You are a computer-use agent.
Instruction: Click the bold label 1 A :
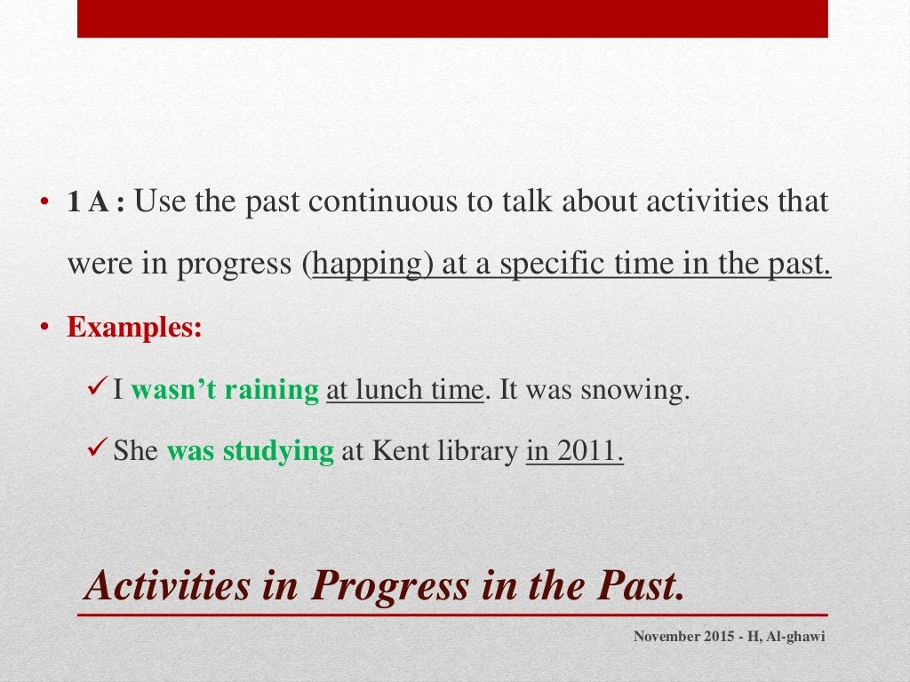[x=98, y=203]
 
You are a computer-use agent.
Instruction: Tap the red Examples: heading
[x=135, y=328]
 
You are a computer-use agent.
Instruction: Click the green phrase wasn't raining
[x=225, y=390]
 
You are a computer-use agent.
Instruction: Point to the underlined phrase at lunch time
[x=404, y=390]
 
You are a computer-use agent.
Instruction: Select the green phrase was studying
[x=250, y=451]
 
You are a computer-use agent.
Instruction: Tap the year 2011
[x=586, y=451]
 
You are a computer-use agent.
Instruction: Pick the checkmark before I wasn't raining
[x=100, y=389]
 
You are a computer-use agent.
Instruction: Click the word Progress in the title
[x=391, y=586]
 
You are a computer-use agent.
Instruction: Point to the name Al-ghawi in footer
[x=794, y=636]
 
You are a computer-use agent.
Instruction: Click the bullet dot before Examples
[x=41, y=329]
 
